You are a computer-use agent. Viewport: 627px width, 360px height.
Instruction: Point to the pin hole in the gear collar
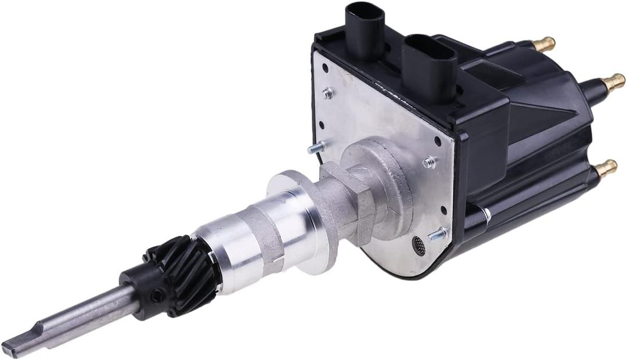[x=156, y=296]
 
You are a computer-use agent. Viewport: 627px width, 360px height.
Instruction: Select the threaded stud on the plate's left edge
[x=317, y=147]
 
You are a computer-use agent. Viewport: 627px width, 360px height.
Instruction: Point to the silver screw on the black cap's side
[x=487, y=215]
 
